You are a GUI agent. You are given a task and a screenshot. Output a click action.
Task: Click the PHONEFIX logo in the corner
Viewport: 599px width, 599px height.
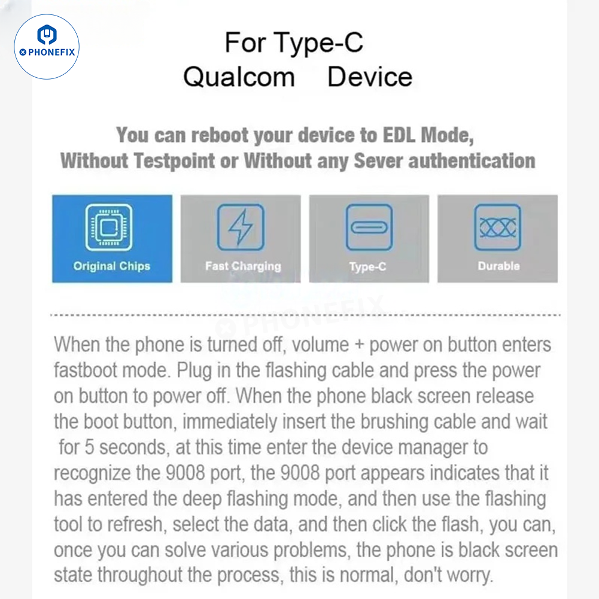click(x=47, y=46)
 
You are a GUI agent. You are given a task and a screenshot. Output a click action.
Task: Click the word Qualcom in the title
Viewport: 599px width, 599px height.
click(x=239, y=77)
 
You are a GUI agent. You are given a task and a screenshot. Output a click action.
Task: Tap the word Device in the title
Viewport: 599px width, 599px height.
click(x=370, y=77)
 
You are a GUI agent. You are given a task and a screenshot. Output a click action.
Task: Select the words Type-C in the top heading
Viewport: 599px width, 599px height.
click(x=318, y=43)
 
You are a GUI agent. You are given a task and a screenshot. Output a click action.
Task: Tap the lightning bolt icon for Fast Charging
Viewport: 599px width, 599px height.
click(x=240, y=227)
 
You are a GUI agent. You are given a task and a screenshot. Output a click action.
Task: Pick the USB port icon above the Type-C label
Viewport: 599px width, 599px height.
click(x=369, y=227)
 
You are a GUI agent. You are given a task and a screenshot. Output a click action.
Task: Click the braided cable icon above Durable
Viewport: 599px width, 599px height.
click(x=497, y=227)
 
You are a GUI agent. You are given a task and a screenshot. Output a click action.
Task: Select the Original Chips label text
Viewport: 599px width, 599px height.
click(x=112, y=266)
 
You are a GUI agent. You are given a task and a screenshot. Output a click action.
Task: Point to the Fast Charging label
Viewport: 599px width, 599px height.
click(x=243, y=266)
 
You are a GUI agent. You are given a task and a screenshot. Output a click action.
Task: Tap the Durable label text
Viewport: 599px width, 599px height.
click(x=498, y=266)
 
